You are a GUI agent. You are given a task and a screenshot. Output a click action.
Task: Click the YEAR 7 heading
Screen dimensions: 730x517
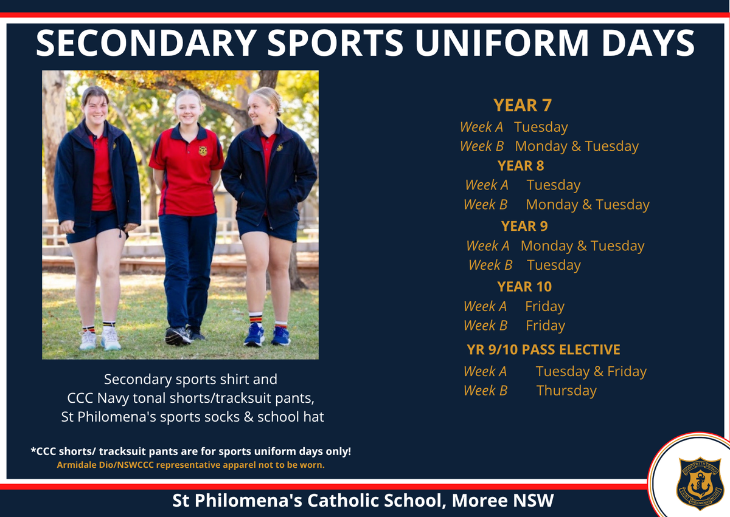tap(523, 105)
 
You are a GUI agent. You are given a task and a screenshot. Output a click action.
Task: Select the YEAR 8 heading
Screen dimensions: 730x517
tap(521, 166)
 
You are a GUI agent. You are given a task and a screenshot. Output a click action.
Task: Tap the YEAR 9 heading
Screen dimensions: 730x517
tap(524, 226)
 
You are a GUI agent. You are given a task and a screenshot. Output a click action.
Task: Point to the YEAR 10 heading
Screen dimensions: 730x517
tap(524, 287)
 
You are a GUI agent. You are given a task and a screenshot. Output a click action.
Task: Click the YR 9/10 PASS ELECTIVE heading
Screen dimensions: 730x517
tap(543, 350)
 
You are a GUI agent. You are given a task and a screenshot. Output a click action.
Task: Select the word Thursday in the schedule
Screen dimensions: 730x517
tap(566, 391)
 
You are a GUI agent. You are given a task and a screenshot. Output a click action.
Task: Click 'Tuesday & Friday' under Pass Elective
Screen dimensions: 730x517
tap(591, 372)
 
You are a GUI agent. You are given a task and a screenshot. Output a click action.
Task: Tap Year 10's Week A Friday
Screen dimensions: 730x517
tap(545, 306)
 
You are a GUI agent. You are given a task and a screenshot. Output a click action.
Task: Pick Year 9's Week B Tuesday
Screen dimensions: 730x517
tap(554, 265)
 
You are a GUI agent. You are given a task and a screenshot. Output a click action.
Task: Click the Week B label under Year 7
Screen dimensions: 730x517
tap(482, 146)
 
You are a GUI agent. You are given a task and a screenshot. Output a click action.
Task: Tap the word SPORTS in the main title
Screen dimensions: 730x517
tap(335, 43)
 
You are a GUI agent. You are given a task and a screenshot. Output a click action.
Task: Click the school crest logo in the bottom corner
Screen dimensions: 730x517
tap(700, 484)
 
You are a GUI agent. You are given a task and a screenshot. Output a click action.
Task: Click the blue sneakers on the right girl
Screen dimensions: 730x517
tap(266, 335)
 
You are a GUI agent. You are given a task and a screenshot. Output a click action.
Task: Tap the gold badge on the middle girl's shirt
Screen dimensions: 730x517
tap(203, 151)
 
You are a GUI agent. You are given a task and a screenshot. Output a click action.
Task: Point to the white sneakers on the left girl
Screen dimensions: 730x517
tap(100, 338)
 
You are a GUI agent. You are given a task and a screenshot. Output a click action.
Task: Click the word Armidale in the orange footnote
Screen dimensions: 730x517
tap(72, 465)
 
